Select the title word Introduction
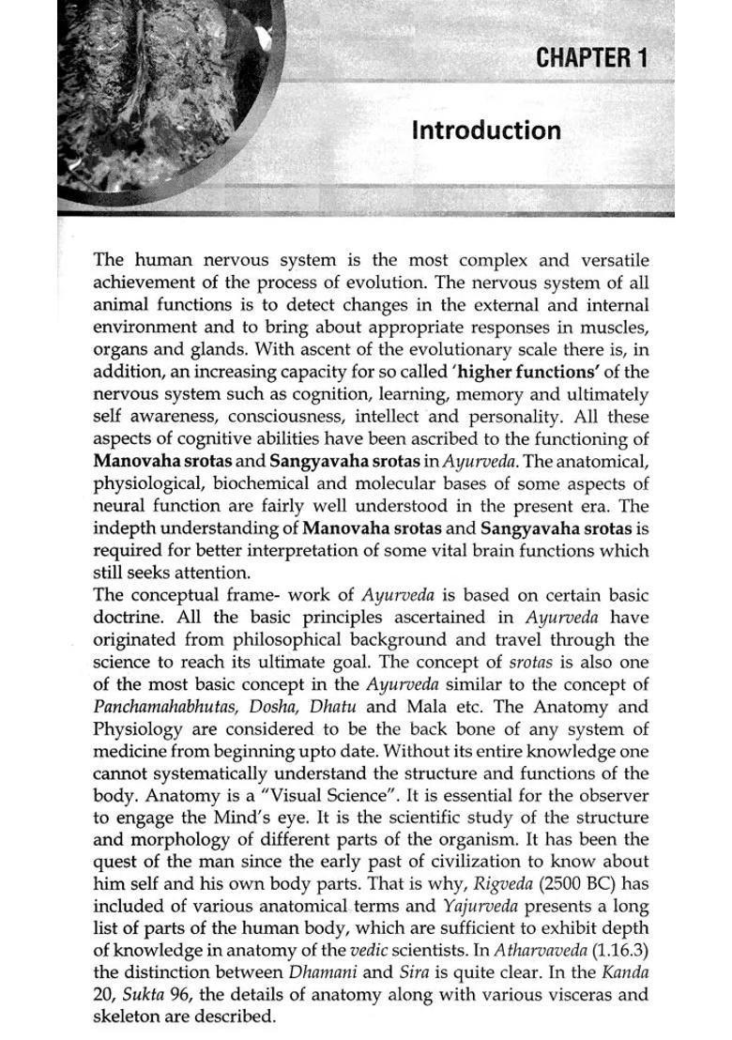click(486, 130)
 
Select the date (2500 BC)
click(590, 883)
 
